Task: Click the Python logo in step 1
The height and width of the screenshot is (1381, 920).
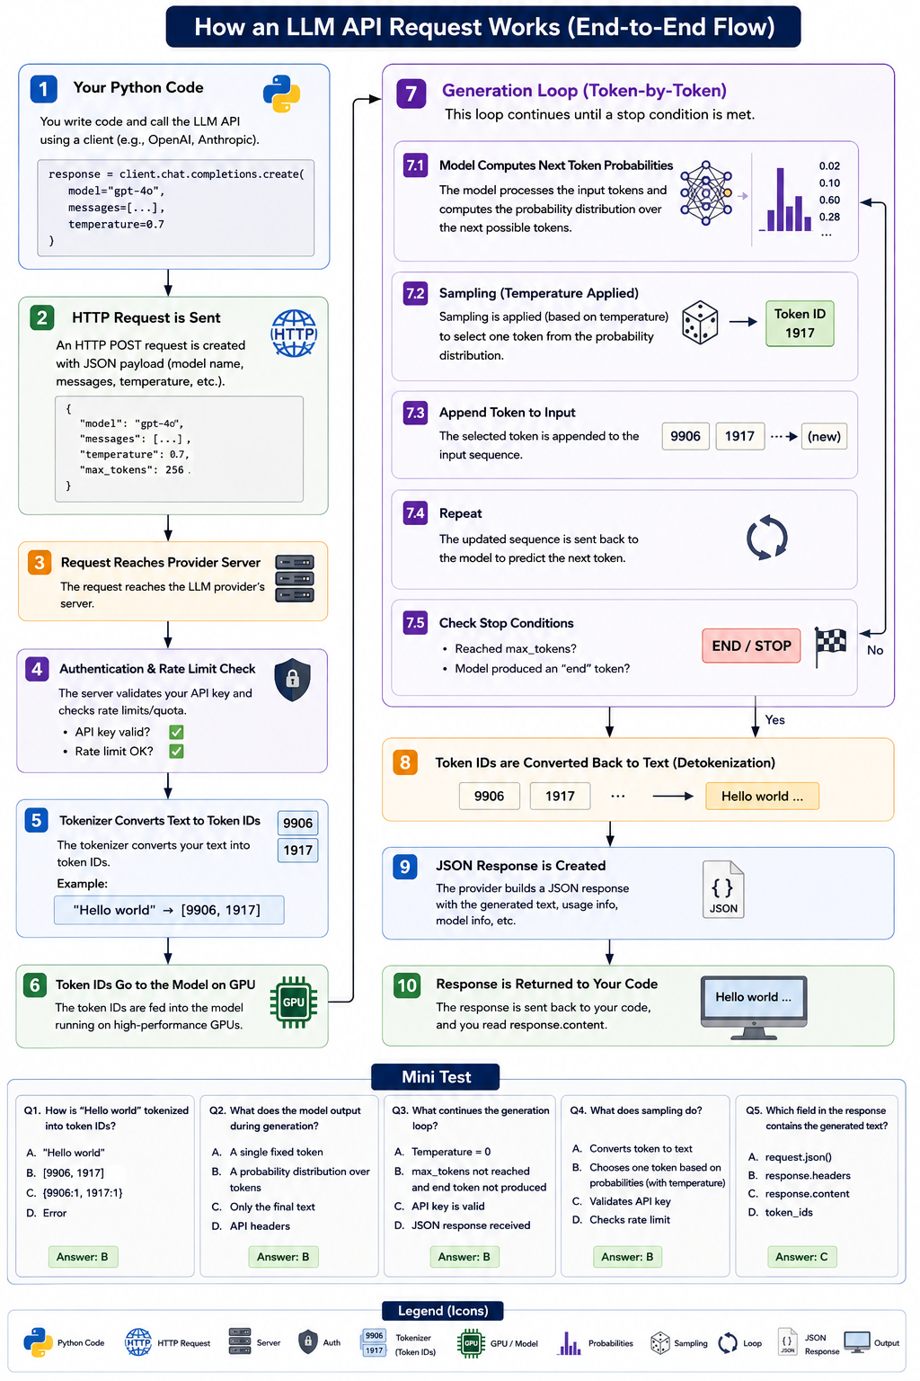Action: [x=281, y=94]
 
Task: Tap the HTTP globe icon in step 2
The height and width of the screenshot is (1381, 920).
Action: [x=294, y=334]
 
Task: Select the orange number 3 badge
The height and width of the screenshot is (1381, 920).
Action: [x=40, y=562]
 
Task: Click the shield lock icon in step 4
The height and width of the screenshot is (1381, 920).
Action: [x=292, y=680]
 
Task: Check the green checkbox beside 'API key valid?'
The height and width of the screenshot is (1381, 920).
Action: [x=176, y=732]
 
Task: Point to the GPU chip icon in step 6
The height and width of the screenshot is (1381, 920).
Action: [x=293, y=1002]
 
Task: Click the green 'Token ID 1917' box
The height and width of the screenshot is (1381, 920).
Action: [x=800, y=324]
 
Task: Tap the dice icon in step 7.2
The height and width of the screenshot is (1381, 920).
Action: [x=700, y=323]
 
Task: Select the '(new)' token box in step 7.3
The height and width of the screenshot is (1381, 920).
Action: [x=824, y=436]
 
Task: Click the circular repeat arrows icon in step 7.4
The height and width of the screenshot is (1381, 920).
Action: [x=766, y=538]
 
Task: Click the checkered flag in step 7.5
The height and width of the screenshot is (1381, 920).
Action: [x=830, y=646]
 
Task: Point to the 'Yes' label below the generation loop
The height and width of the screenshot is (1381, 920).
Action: [x=774, y=719]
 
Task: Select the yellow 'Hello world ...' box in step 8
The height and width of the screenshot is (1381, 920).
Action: [x=762, y=796]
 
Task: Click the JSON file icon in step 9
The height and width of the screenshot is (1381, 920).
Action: [x=723, y=889]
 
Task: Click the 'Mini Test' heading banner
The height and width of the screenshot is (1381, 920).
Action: [x=436, y=1076]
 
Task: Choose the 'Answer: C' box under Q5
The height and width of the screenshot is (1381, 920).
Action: [x=801, y=1256]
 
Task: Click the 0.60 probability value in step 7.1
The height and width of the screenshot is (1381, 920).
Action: [x=829, y=200]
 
